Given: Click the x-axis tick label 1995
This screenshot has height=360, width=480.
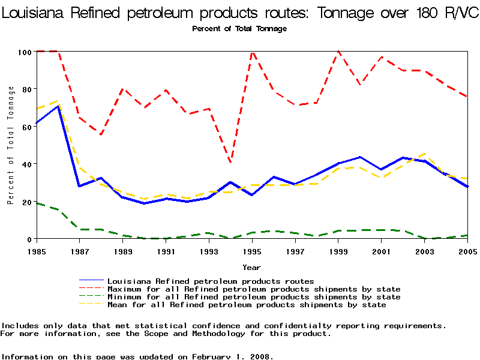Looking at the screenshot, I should tap(253, 251).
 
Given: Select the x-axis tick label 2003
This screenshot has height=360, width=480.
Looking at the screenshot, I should tap(425, 251).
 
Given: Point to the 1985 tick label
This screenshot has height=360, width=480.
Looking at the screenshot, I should tap(37, 251).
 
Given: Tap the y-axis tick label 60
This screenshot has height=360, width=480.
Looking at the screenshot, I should tap(25, 127).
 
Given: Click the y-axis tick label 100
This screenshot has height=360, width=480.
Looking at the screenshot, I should tap(23, 52).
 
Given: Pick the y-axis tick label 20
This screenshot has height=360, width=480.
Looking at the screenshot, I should tap(25, 202).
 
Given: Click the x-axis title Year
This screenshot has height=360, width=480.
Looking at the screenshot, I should tap(251, 267).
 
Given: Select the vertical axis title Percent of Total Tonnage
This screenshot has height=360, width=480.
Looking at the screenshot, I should tap(11, 145).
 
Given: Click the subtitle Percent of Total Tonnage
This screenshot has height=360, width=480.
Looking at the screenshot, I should tap(239, 29).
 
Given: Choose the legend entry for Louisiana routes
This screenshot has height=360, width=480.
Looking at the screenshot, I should tap(210, 281).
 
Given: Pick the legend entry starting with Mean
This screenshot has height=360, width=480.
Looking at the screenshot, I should tap(246, 304).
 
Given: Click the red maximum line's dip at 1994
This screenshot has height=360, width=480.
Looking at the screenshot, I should tap(231, 163).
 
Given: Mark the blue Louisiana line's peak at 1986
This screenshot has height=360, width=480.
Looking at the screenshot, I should tap(58, 106).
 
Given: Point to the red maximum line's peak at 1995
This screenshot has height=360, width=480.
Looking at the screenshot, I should tap(253, 52).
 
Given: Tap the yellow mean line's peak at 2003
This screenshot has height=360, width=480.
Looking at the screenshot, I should tap(425, 154).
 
